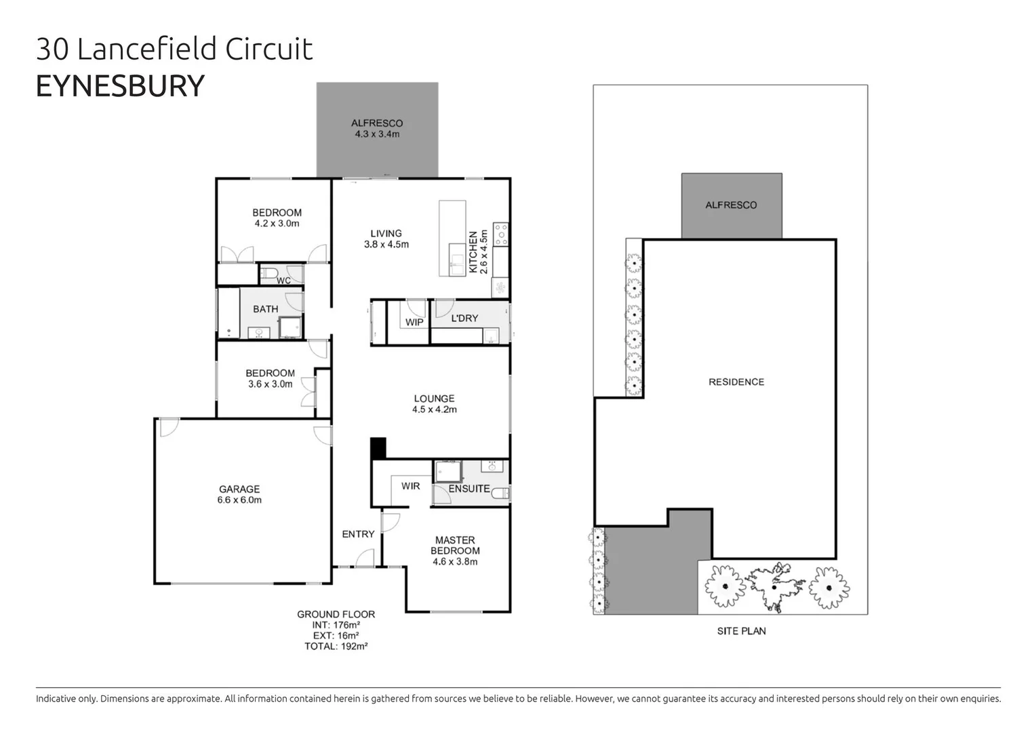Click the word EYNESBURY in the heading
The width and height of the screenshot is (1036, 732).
coord(120,86)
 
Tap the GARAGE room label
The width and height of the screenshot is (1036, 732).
coord(239,489)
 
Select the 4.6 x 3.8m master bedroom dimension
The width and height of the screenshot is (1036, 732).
coord(455,562)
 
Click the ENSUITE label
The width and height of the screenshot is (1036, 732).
coord(469,489)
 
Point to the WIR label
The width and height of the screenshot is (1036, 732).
coord(410,486)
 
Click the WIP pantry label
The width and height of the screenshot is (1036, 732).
coord(414,322)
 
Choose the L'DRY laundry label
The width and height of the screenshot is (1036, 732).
coord(464,318)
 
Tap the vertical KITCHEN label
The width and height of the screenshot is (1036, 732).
coord(473,252)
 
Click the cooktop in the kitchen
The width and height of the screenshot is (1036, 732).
coord(501,235)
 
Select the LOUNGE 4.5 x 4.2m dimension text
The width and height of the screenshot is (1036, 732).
coord(435,409)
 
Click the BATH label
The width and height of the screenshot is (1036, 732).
coord(266,309)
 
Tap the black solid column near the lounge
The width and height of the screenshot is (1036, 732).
coord(378,448)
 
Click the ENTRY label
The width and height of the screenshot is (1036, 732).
coord(358,534)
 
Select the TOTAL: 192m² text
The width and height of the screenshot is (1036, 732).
coord(336,647)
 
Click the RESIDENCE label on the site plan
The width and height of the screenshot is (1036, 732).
coord(736,382)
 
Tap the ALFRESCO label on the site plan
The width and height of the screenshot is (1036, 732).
coord(731,205)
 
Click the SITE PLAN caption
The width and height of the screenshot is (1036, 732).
coord(741,631)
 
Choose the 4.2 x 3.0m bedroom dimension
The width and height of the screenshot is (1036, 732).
coord(277,223)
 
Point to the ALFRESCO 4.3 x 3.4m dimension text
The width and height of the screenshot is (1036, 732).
coord(377,134)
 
